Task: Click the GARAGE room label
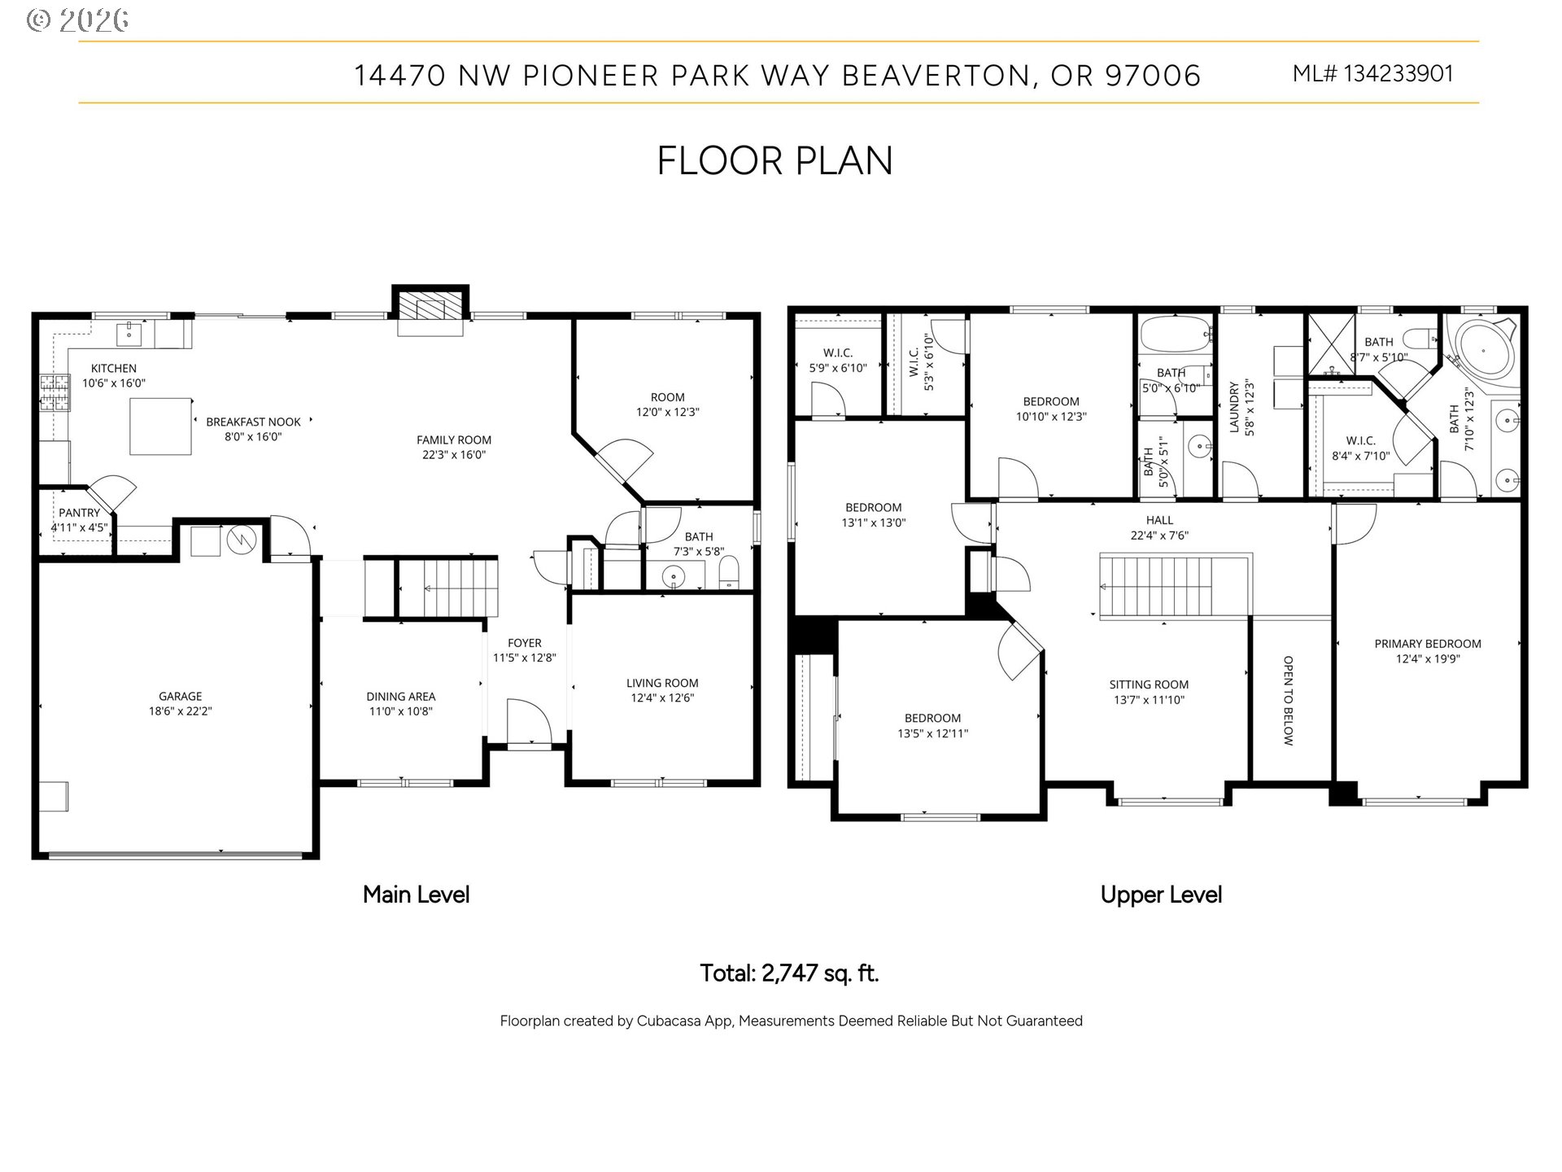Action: click(x=180, y=696)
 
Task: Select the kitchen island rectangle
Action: click(x=161, y=426)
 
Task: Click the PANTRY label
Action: click(x=79, y=513)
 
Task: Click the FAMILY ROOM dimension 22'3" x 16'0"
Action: click(x=453, y=455)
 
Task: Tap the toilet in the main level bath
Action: click(x=729, y=571)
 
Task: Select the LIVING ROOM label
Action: click(x=662, y=683)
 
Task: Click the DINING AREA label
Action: click(x=400, y=696)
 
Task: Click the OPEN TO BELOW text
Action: click(x=1288, y=700)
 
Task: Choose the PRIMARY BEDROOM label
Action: click(x=1428, y=643)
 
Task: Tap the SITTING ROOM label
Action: click(x=1149, y=684)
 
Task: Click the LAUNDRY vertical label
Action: click(x=1234, y=407)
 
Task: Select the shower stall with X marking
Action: click(x=1331, y=344)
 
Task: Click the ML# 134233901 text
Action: click(x=1372, y=74)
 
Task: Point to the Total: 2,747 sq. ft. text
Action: click(x=789, y=973)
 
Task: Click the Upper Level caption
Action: click(x=1161, y=895)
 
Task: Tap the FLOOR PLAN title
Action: click(x=774, y=160)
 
